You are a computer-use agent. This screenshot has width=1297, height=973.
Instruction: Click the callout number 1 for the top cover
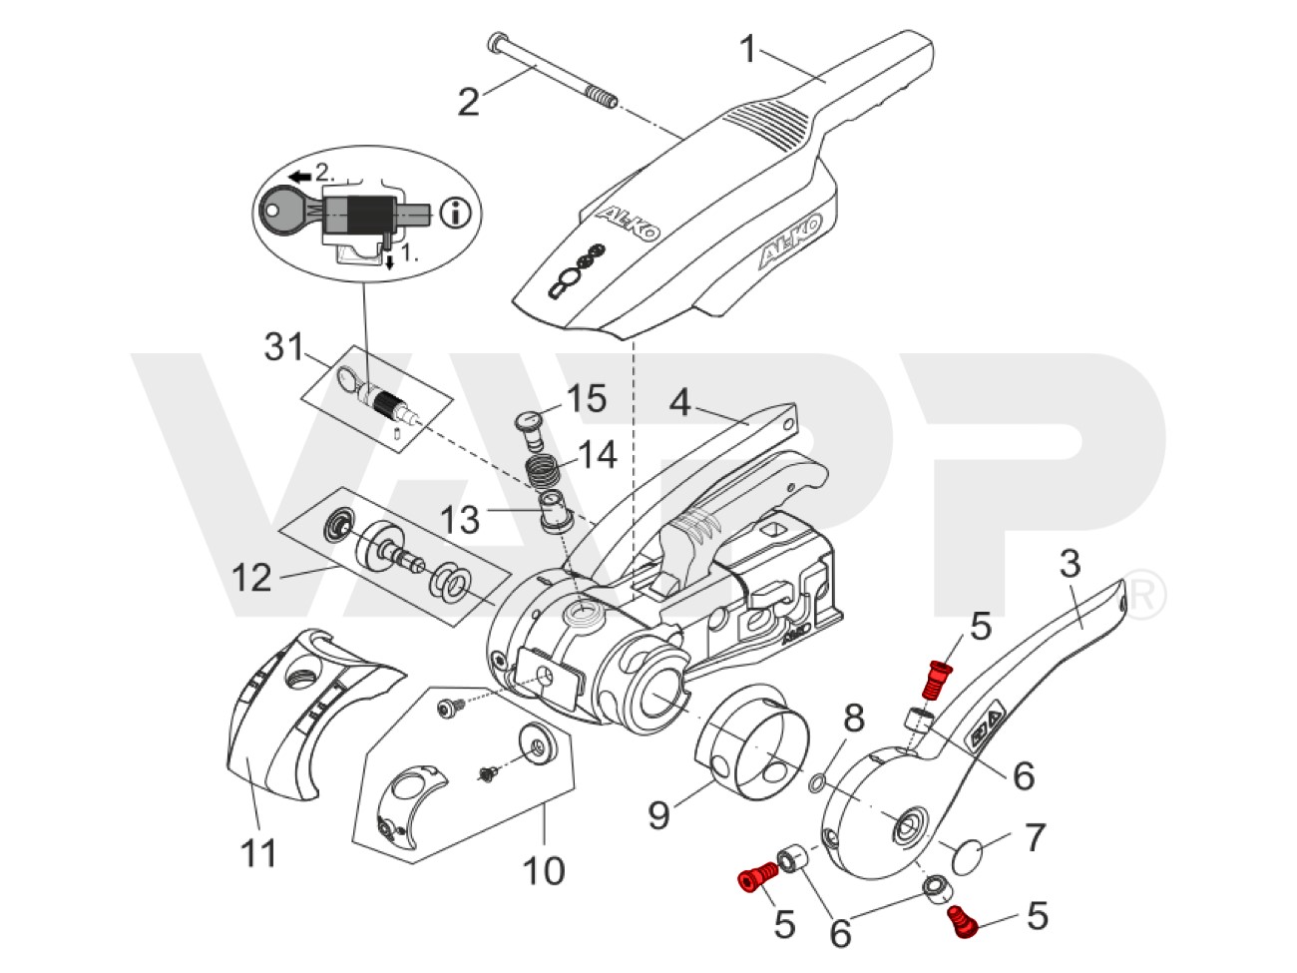coord(749,48)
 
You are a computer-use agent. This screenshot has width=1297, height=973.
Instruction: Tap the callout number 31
coord(283,347)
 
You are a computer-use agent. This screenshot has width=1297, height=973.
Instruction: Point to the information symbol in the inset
coord(460,212)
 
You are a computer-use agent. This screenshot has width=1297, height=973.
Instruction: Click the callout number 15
coord(586,399)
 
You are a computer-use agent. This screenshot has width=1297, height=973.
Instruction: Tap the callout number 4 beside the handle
coord(679,402)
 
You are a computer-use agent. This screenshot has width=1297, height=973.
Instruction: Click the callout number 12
coord(251,577)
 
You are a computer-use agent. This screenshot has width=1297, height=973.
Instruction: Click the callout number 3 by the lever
coord(1069,564)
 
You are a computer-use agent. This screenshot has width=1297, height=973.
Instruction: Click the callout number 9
coord(659,816)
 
